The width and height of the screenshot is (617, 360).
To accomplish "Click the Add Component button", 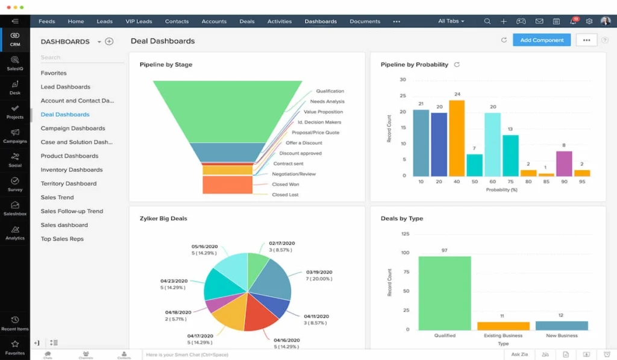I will point(542,40).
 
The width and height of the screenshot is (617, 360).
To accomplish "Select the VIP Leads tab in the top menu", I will point(139,21).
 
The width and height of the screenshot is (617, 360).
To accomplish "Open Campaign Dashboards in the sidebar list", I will point(73,128).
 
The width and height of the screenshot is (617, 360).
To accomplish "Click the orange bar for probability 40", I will point(457,138).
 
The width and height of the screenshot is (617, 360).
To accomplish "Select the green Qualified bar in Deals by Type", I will point(445,293).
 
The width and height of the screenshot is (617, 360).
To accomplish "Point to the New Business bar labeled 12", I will point(562,326).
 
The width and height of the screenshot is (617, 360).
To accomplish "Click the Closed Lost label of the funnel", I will point(285,195).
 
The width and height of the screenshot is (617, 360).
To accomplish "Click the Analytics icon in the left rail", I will point(15,232).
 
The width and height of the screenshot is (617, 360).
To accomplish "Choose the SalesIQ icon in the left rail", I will point(15,63).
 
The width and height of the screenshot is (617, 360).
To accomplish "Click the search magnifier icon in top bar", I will point(487,21).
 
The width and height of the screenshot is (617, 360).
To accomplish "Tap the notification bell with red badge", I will point(572,21).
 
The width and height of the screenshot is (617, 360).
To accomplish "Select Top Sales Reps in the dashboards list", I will point(62,239).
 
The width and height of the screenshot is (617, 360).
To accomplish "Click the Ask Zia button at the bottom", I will point(519,355).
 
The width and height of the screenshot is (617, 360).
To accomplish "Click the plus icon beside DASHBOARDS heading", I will point(109,42).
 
